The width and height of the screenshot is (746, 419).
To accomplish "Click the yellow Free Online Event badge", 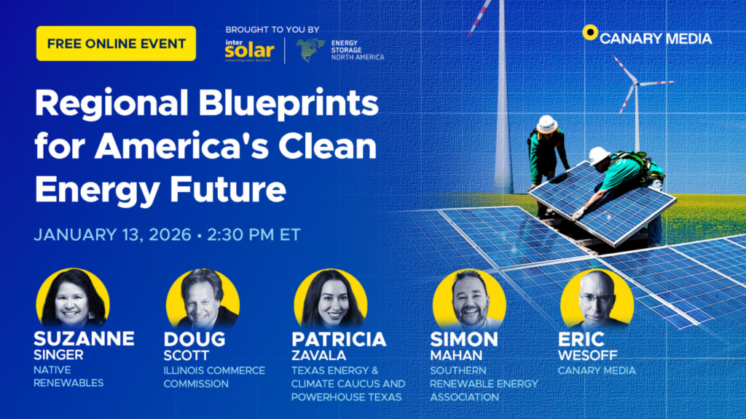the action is click(116, 44).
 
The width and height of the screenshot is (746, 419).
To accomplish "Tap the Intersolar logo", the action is click(249, 50).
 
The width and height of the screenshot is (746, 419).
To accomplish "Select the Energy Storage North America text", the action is click(357, 50).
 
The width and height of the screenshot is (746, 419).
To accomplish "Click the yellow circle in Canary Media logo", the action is click(590, 32).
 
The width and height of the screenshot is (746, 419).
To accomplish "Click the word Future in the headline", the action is click(228, 189).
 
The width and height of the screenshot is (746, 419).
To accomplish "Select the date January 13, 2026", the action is click(112, 235).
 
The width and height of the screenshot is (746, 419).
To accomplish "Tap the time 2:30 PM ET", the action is click(254, 235).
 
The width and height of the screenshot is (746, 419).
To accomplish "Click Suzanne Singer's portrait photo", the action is click(73, 298).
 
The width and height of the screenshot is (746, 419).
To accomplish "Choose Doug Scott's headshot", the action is click(203, 299).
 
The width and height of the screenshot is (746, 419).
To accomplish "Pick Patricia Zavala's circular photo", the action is click(331, 299).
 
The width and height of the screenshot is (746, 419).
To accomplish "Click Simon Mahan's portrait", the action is click(470, 299).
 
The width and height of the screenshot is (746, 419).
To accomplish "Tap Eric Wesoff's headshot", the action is click(597, 299).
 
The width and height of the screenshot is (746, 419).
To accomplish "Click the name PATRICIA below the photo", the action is click(339, 339).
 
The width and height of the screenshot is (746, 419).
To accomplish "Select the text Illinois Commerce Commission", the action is click(214, 378).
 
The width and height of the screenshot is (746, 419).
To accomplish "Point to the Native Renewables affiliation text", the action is click(68, 376).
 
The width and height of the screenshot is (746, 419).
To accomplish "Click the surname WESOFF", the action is click(588, 355).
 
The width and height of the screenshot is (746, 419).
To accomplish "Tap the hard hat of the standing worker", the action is click(546, 124).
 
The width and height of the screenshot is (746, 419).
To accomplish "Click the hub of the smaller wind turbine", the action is click(637, 84).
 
